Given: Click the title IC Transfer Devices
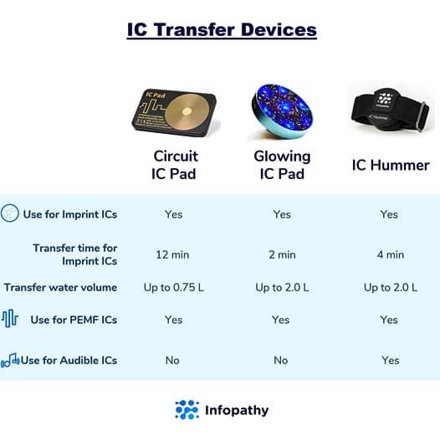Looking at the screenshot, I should tap(222, 29).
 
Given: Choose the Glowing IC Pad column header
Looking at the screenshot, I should tap(282, 165).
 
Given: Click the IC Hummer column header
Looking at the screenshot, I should tap(389, 165).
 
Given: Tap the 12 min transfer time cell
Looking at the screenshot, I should tap(173, 254).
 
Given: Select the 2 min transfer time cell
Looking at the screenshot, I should tap(282, 254).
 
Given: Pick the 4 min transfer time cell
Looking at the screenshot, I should tap(389, 254).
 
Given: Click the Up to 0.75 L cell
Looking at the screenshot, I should tap(173, 287).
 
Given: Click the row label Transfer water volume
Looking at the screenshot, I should tap(60, 287).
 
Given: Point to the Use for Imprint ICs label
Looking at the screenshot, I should tap(70, 214).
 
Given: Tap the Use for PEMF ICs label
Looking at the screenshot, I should tap(74, 320).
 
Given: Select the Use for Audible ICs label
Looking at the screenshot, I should tap(69, 360).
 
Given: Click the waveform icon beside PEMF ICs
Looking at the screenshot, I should tap(10, 319).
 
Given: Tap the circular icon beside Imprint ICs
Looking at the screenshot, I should tap(11, 213).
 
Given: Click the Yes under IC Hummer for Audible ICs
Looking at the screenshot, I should tap(389, 360).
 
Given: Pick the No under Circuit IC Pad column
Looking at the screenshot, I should tap(172, 360).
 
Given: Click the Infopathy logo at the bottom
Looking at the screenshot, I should tap(222, 410).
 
